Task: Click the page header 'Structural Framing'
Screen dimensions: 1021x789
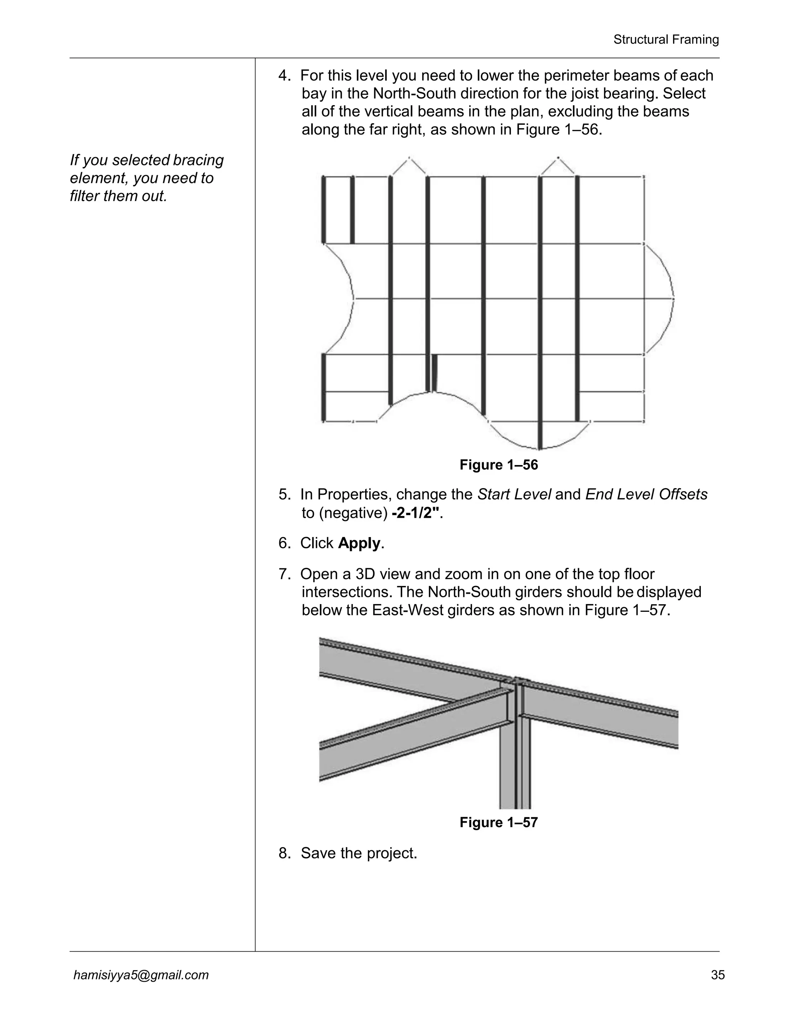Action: point(666,40)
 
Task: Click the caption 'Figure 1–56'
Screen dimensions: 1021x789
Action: point(499,465)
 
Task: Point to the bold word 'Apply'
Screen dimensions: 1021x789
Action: point(359,543)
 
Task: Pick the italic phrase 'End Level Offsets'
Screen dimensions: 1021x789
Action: point(646,495)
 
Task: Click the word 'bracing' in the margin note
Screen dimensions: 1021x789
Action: point(198,160)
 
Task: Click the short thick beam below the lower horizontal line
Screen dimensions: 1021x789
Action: point(435,373)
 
